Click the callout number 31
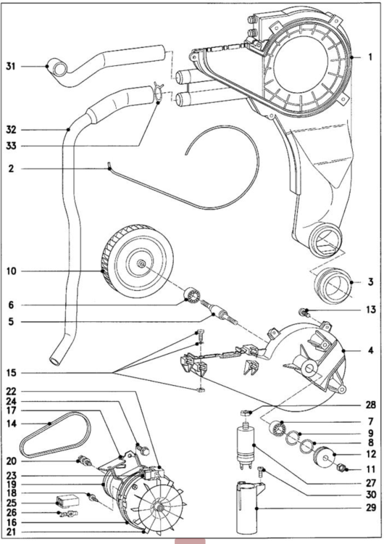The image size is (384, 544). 11,66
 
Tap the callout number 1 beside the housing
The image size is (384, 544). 370,57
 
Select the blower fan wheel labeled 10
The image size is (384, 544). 138,261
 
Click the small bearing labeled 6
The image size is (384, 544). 192,296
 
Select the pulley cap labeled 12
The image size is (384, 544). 324,457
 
